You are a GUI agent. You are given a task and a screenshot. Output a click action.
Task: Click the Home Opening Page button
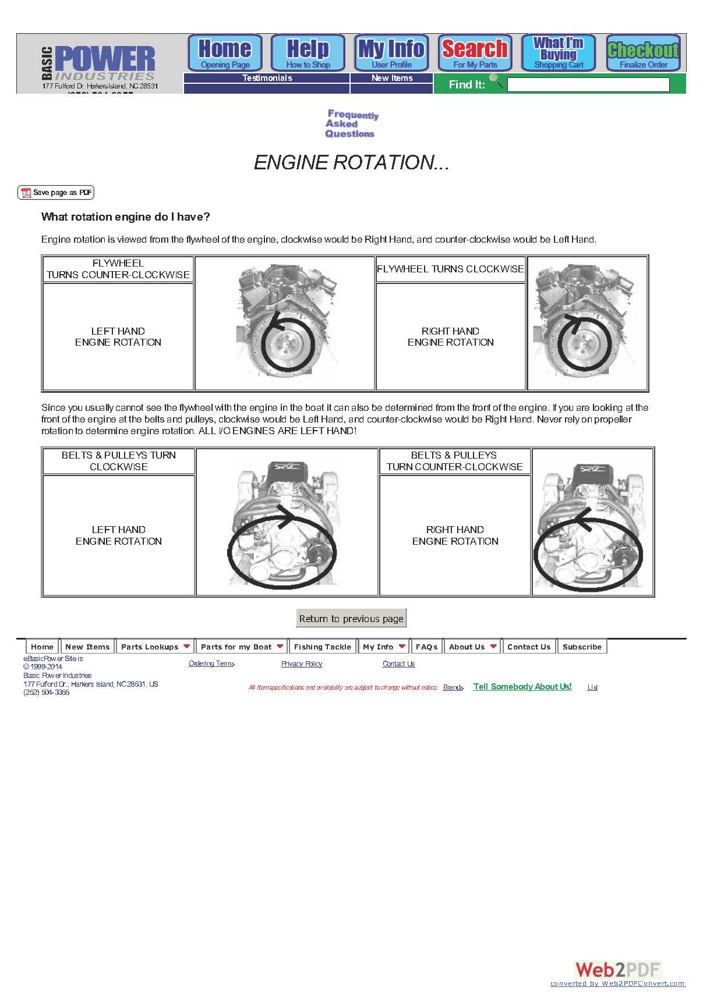pyautogui.click(x=225, y=53)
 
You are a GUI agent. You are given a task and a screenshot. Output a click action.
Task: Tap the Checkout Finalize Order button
pyautogui.click(x=643, y=53)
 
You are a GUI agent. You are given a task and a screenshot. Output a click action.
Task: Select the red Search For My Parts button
pyautogui.click(x=475, y=53)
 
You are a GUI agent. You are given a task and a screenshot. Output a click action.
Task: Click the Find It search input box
pyautogui.click(x=588, y=85)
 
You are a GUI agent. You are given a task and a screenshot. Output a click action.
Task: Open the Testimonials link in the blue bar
pyautogui.click(x=267, y=78)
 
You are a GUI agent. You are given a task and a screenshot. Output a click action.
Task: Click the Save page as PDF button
pyautogui.click(x=56, y=193)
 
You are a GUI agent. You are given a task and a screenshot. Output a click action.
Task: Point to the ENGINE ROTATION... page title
pyautogui.click(x=351, y=162)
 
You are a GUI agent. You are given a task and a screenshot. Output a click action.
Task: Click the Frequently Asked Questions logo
pyautogui.click(x=351, y=124)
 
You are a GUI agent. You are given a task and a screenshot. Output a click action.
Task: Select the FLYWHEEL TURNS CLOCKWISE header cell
pyautogui.click(x=450, y=269)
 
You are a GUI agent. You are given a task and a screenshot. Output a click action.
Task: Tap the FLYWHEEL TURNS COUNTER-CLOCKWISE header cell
pyautogui.click(x=118, y=269)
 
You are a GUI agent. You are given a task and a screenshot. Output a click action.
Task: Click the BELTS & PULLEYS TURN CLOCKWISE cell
pyautogui.click(x=118, y=461)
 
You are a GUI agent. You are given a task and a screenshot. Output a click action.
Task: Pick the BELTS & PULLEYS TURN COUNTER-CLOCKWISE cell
pyautogui.click(x=454, y=461)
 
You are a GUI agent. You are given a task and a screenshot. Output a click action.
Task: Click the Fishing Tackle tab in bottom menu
pyautogui.click(x=322, y=647)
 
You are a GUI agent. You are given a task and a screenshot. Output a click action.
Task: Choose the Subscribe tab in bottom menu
pyautogui.click(x=581, y=647)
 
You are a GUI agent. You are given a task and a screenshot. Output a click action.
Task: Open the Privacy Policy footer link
pyautogui.click(x=301, y=664)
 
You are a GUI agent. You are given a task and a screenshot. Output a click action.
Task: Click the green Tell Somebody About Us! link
pyautogui.click(x=522, y=687)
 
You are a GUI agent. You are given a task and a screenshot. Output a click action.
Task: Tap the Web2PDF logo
pyautogui.click(x=617, y=970)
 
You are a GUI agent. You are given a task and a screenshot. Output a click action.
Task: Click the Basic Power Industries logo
pyautogui.click(x=99, y=64)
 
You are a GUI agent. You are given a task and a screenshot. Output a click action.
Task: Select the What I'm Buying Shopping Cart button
pyautogui.click(x=558, y=53)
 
